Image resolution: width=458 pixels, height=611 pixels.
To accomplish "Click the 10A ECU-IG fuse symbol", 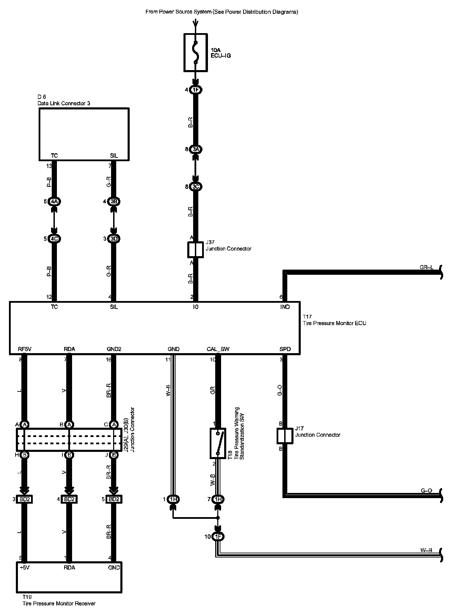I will click(196, 52).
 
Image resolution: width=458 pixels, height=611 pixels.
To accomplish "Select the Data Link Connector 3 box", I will click(84, 134).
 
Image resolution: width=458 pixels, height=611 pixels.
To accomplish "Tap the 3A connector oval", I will click(196, 149).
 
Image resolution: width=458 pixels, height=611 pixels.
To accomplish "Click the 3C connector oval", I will click(196, 187).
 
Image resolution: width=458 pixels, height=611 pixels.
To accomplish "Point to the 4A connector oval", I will click(54, 201).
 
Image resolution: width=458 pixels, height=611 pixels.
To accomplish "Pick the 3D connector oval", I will click(114, 239).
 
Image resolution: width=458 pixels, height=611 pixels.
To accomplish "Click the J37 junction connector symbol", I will click(196, 250).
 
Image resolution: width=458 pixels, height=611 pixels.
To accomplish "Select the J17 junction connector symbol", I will click(285, 436).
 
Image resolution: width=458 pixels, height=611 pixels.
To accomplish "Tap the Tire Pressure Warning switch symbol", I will click(218, 443).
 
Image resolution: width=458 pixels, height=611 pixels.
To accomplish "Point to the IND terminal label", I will click(285, 307).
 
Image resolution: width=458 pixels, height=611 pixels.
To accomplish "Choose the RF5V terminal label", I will click(25, 349).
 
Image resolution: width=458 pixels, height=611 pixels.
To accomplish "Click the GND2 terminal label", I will click(114, 349).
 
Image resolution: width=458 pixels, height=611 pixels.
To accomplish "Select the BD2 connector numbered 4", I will click(69, 499).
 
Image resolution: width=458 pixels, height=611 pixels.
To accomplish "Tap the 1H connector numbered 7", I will click(218, 499).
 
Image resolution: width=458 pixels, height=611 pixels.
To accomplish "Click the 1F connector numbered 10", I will click(218, 536).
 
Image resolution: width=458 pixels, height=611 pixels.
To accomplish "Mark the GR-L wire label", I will click(426, 267).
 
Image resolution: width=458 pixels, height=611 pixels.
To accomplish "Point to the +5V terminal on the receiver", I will click(25, 568).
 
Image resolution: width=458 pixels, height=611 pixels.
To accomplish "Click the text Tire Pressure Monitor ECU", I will click(334, 323).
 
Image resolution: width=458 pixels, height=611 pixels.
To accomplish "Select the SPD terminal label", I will click(285, 349).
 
